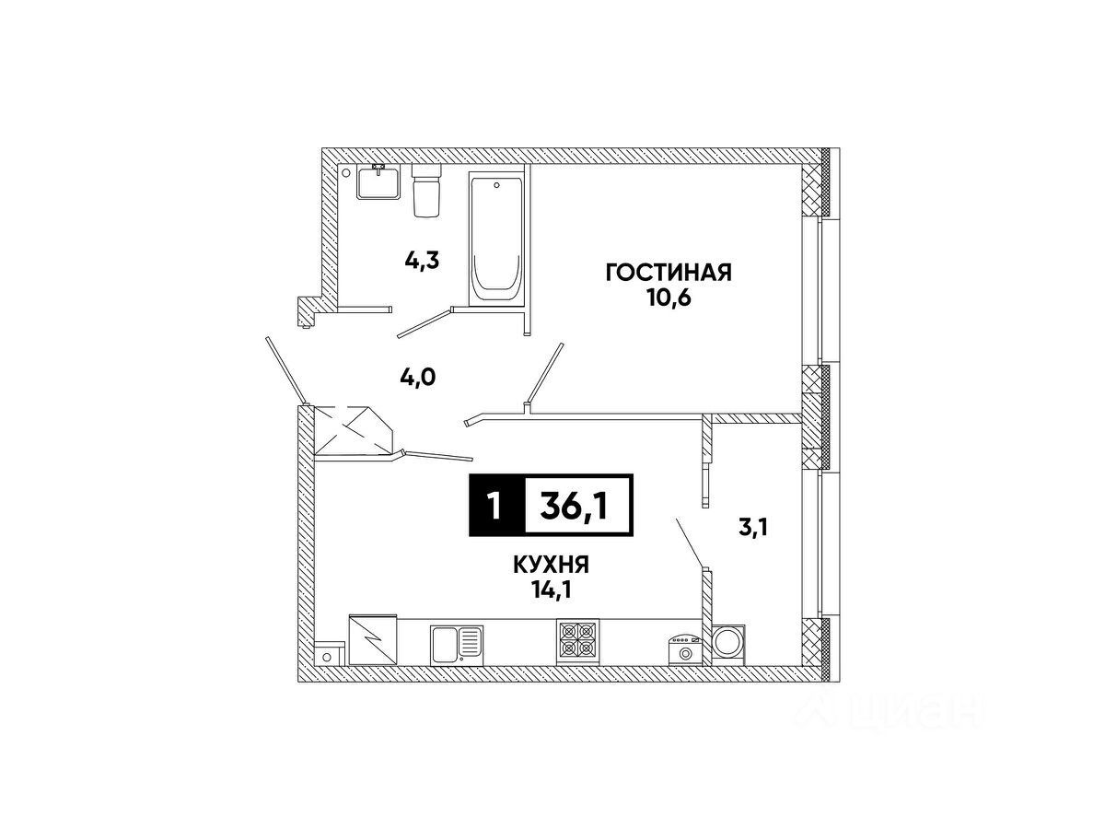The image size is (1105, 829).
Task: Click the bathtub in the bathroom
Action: pos(495,239)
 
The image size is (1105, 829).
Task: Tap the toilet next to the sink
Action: pos(426,191)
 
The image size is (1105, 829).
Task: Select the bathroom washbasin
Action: pos(378,181)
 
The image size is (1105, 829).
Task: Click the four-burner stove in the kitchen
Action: pos(577,641)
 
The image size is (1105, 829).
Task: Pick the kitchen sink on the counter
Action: pos(456,645)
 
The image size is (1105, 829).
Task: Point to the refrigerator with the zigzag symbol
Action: pos(373,640)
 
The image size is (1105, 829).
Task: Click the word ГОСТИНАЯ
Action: pos(669,273)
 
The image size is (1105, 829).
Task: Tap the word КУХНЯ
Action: pos(551,566)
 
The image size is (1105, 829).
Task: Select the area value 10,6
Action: pos(669,298)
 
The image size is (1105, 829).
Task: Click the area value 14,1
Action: pos(551,590)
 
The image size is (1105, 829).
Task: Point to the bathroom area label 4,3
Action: pos(422,261)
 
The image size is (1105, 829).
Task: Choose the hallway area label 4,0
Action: pos(417,377)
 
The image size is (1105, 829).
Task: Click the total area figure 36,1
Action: pos(574,506)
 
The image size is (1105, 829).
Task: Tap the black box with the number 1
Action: pos(496,506)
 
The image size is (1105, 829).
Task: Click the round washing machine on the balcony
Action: pos(728,645)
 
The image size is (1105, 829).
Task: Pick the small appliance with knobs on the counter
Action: pos(685,651)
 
